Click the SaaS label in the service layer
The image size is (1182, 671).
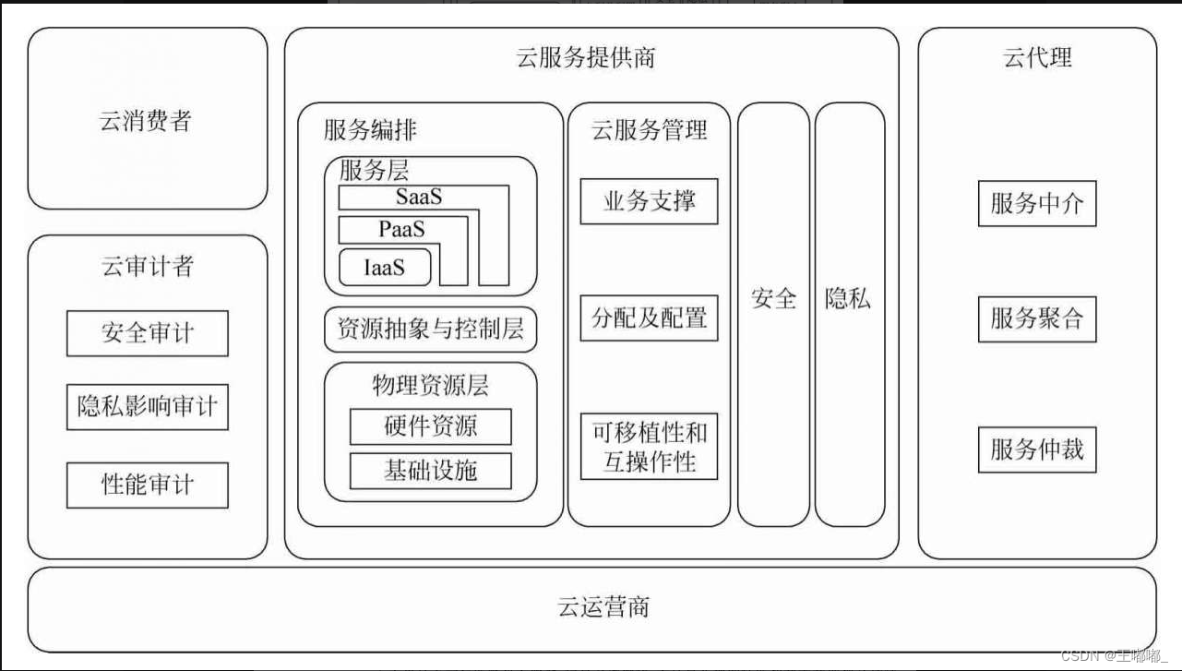pyautogui.click(x=419, y=197)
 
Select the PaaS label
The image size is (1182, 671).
pyautogui.click(x=401, y=228)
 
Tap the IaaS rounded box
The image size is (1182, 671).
pyautogui.click(x=385, y=268)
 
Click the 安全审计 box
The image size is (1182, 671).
pyautogui.click(x=148, y=333)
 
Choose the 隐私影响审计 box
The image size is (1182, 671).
pyautogui.click(x=148, y=407)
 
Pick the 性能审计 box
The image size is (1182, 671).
pyautogui.click(x=148, y=485)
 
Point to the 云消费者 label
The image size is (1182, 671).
pyautogui.click(x=146, y=121)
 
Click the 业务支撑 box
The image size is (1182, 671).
pyautogui.click(x=649, y=201)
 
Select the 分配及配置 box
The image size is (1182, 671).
pyautogui.click(x=649, y=318)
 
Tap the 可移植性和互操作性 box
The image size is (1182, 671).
pyautogui.click(x=649, y=447)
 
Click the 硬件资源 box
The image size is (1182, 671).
pyautogui.click(x=430, y=426)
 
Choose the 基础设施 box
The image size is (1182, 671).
pyautogui.click(x=430, y=470)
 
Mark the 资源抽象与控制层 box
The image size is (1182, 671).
pyautogui.click(x=430, y=330)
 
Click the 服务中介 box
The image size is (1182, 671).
pyautogui.click(x=1037, y=203)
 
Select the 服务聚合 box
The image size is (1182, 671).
pyautogui.click(x=1037, y=319)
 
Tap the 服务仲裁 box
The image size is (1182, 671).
pyautogui.click(x=1037, y=449)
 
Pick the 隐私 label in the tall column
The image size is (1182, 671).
pyautogui.click(x=848, y=299)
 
